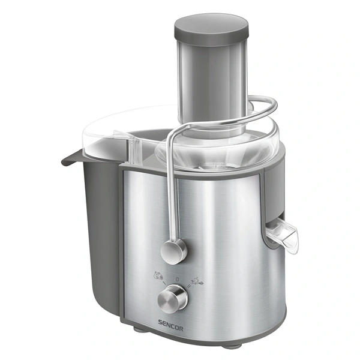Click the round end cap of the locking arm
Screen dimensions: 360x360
(174, 250)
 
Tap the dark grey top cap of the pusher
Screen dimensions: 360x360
(211, 25)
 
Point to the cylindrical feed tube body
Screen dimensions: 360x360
(211, 78)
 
